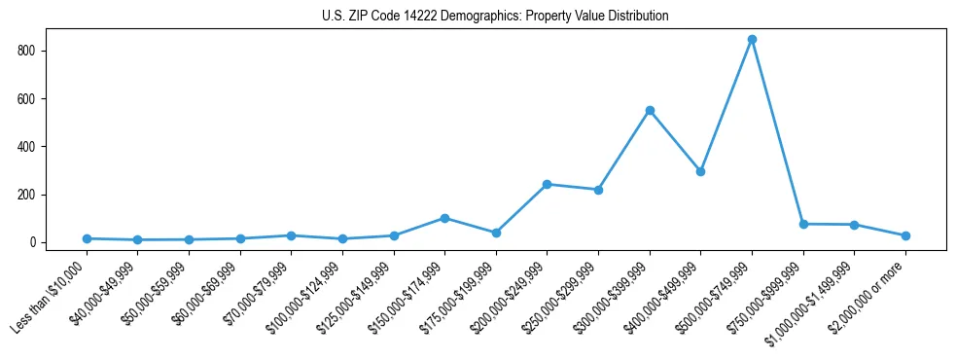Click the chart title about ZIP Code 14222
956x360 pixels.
pos(495,17)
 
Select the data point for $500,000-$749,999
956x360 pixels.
pos(752,40)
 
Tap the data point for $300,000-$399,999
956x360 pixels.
pos(650,111)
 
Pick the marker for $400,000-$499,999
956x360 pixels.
pos(700,171)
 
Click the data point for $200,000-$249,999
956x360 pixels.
pos(548,184)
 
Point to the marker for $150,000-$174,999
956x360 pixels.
pos(444,218)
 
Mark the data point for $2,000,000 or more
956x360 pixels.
pos(905,235)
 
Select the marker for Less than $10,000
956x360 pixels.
pos(87,238)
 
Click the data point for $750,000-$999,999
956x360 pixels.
pos(803,224)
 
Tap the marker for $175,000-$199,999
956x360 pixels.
pos(496,233)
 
